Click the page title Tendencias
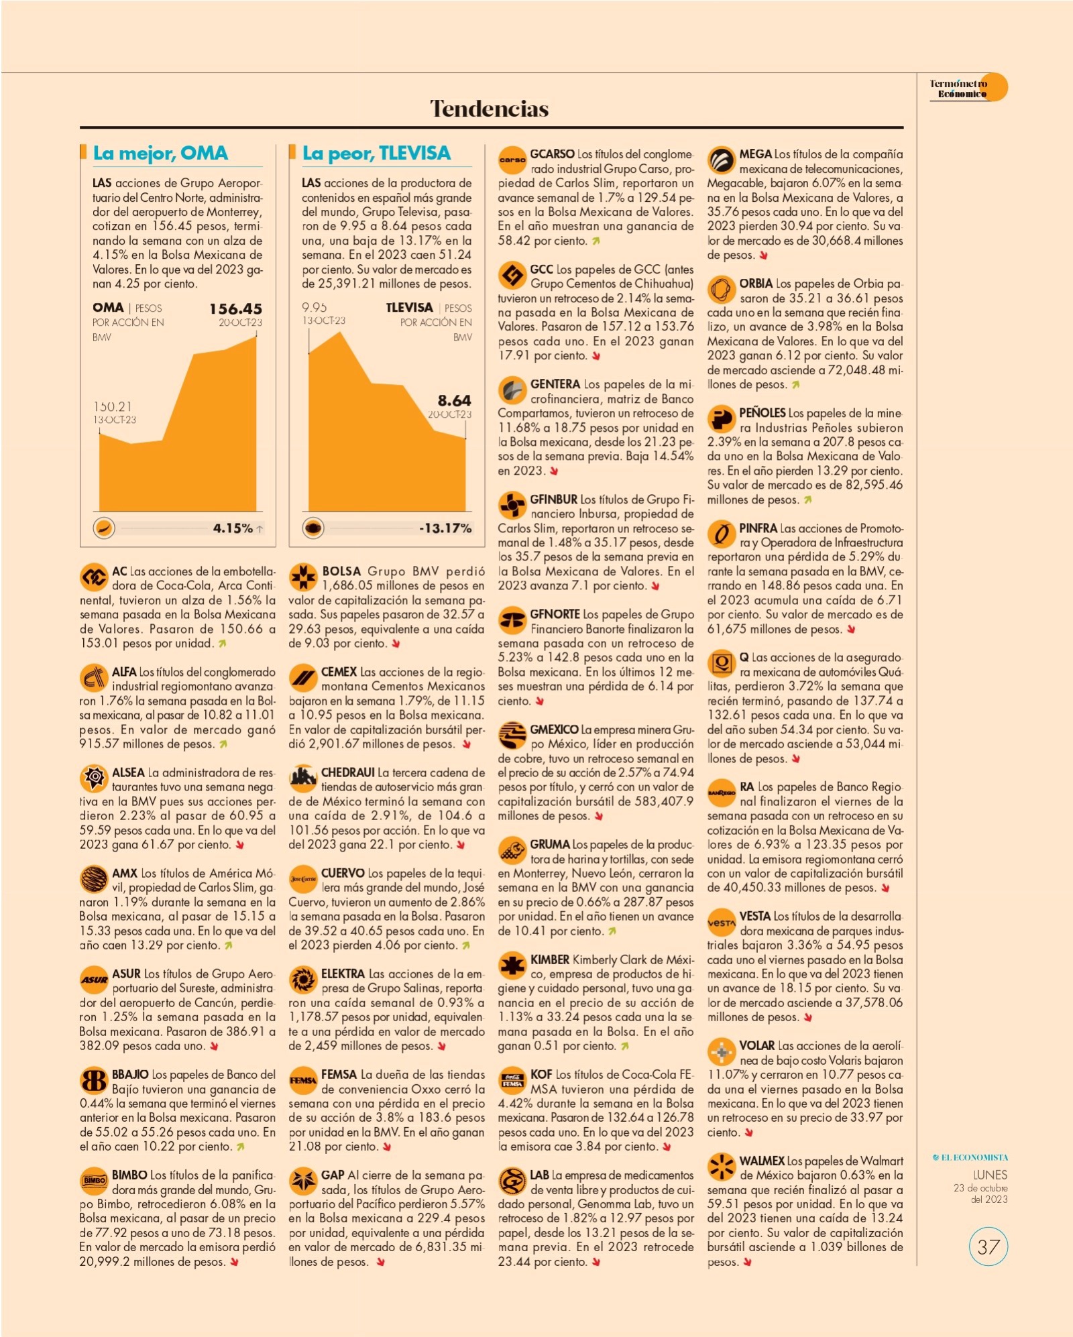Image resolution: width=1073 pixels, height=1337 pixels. point(489,109)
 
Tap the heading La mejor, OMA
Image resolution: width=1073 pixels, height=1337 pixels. point(160,154)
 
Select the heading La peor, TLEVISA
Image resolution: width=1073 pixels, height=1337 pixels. point(376,154)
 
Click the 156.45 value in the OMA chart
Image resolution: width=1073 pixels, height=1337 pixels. point(235,309)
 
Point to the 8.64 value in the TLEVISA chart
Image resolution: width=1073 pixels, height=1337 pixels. point(454,400)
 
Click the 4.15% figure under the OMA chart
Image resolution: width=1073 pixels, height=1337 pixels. point(233,528)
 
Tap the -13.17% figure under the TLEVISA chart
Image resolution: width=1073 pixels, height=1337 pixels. point(445,528)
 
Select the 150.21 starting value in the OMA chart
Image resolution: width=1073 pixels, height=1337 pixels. point(113,406)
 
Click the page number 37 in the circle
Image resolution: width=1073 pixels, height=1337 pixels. point(988,1246)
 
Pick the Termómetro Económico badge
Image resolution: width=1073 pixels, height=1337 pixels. point(968,88)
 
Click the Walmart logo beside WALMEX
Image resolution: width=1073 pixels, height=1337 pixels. point(721,1167)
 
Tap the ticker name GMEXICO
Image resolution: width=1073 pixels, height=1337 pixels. point(554,730)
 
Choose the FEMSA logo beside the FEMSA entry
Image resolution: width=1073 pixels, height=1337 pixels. point(302,1080)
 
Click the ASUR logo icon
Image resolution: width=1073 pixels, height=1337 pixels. point(93,980)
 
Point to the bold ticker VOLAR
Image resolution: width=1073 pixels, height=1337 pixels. point(756,1046)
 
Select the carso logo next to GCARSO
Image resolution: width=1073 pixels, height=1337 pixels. point(512,160)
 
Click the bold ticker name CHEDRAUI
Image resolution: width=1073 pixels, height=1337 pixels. point(347,772)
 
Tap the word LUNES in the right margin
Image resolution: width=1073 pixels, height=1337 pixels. point(990,1175)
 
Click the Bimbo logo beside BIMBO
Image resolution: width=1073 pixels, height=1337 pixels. point(93,1181)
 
